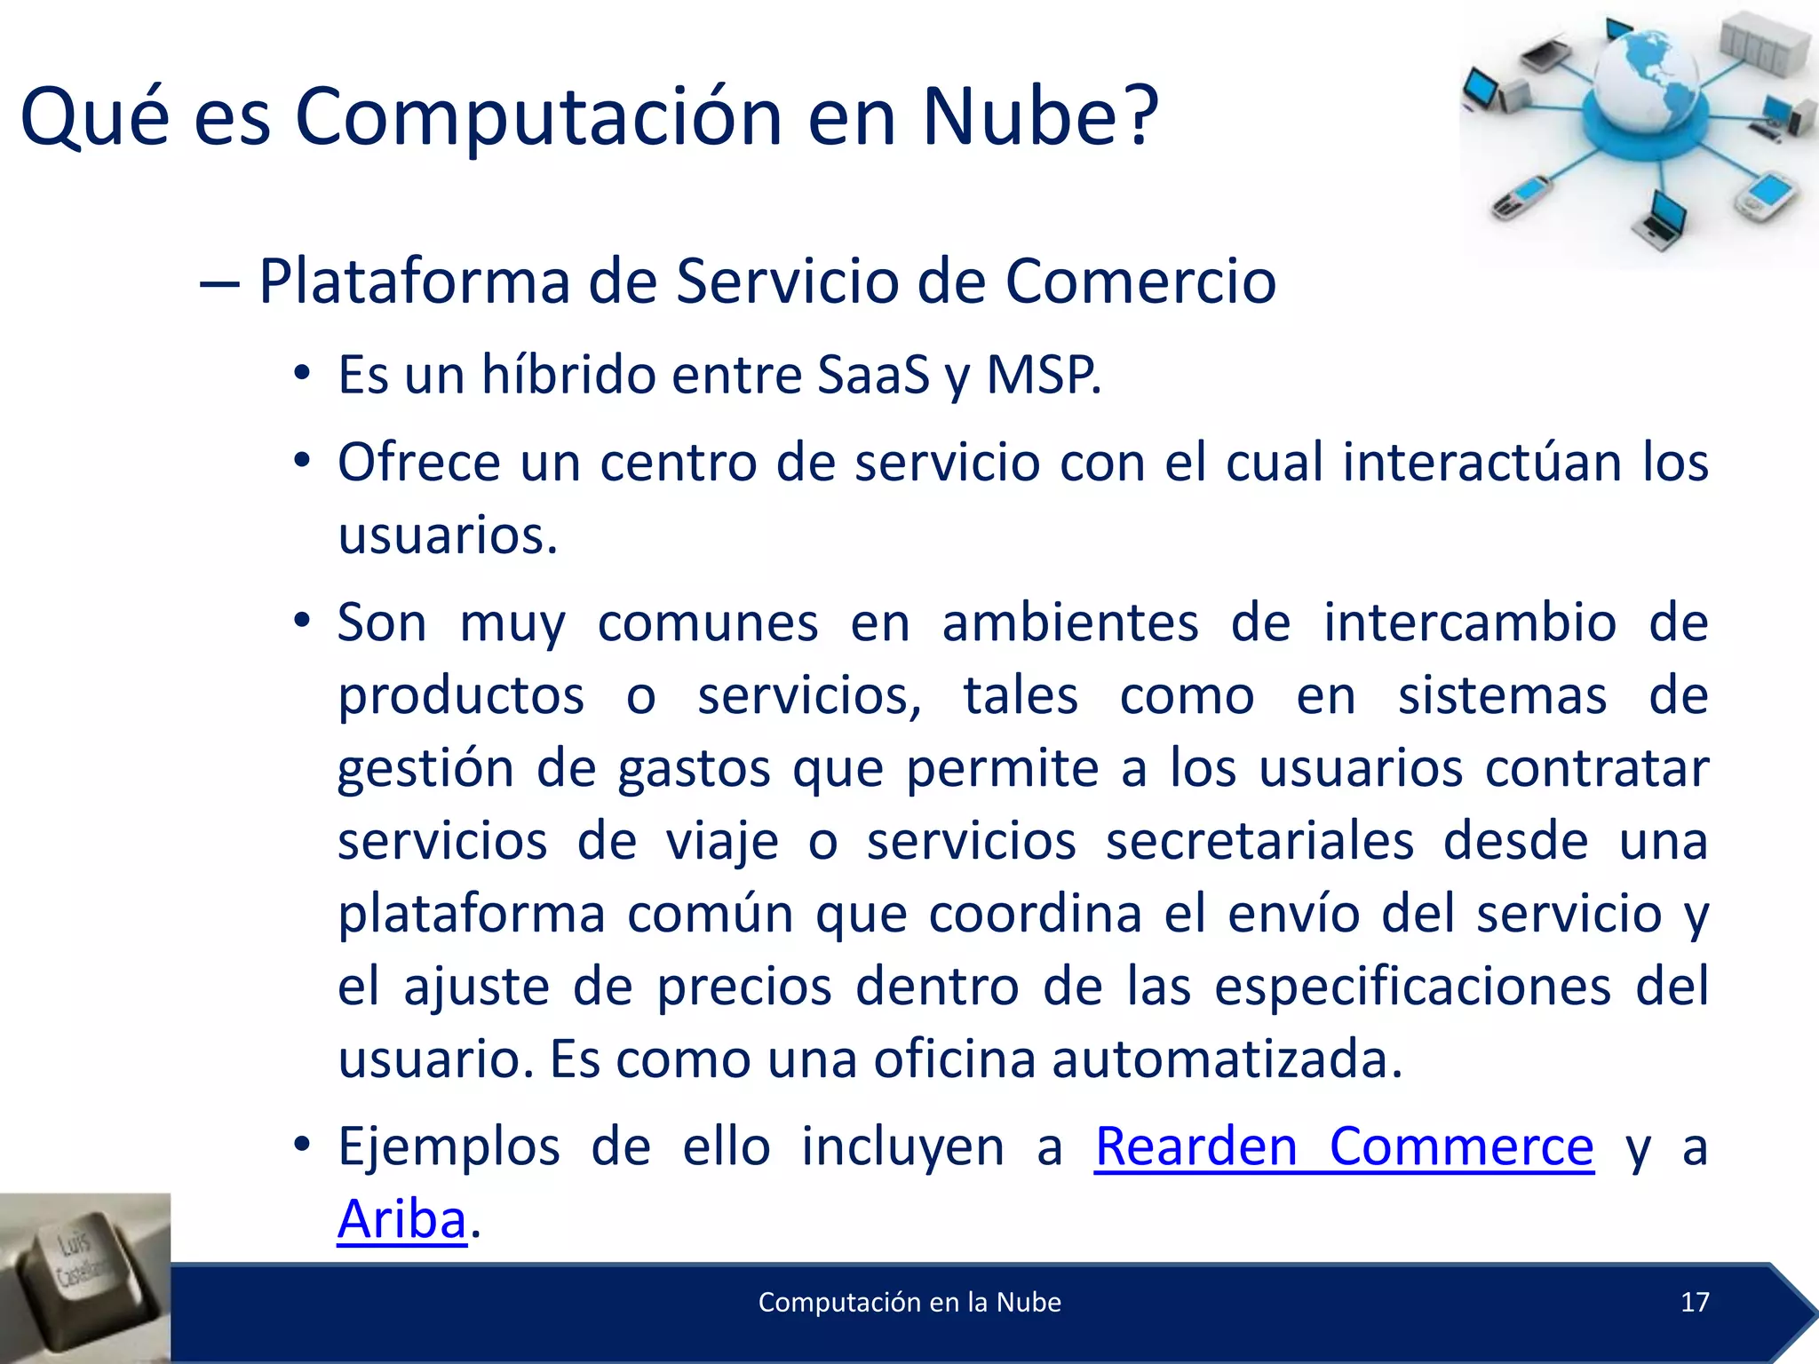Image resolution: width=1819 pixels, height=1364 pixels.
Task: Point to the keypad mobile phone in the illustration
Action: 1520,197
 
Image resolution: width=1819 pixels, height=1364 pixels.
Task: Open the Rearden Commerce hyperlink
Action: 1344,1146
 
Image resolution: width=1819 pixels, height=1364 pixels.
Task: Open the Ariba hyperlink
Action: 401,1219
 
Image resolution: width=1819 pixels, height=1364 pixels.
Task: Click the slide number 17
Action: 1695,1302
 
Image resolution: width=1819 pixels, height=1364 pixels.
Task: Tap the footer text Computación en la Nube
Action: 909,1302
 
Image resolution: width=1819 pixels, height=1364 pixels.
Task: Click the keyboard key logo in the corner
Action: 84,1278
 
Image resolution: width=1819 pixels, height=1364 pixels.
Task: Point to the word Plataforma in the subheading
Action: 413,282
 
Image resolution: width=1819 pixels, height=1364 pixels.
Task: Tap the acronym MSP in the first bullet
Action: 1043,374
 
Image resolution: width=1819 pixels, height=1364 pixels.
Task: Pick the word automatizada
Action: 1227,1059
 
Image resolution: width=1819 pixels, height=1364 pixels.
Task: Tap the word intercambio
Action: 1470,622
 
